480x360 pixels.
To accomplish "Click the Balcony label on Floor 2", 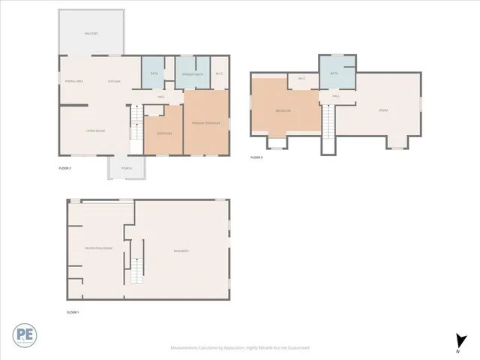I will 91,34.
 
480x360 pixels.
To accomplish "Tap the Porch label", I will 127,168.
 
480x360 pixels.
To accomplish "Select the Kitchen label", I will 114,81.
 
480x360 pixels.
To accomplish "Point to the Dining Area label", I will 74,81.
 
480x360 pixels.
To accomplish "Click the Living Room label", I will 94,130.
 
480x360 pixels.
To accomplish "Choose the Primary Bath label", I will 194,73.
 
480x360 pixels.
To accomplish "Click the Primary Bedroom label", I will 206,122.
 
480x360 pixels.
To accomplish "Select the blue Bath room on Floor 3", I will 334,73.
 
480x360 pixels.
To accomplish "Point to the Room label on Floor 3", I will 383,110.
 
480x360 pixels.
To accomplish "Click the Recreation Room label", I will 98,247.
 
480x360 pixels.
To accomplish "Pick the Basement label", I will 181,250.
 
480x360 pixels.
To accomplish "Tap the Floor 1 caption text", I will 73,311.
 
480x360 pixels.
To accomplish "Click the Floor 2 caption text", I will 64,169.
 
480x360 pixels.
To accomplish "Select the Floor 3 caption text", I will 256,157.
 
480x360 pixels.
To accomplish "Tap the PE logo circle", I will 23,335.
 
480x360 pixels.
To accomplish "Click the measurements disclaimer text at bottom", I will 240,347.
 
